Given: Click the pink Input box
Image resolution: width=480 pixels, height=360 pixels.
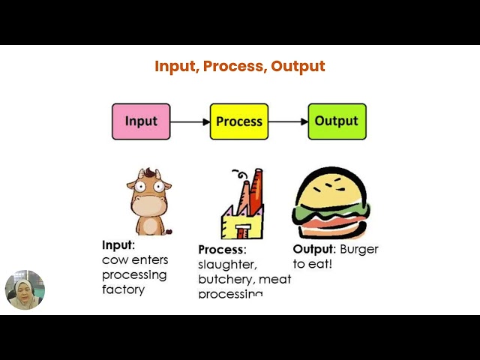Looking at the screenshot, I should pyautogui.click(x=141, y=121).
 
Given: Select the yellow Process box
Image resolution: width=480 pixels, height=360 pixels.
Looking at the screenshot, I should pyautogui.click(x=239, y=121).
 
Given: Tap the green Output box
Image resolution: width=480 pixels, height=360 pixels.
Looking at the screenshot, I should pyautogui.click(x=337, y=121).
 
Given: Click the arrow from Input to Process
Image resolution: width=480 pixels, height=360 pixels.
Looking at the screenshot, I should pyautogui.click(x=190, y=121).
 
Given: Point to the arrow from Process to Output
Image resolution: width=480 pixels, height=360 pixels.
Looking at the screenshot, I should pyautogui.click(x=288, y=121).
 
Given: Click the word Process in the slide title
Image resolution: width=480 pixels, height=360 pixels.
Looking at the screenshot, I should pyautogui.click(x=235, y=66).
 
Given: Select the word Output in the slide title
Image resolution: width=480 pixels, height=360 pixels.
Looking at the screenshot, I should pyautogui.click(x=298, y=66).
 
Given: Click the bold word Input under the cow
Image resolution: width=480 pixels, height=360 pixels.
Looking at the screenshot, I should pyautogui.click(x=117, y=244).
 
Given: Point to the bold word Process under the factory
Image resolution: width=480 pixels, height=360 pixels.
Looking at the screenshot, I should pyautogui.click(x=220, y=250).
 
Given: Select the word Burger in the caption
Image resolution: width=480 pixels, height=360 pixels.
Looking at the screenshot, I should pyautogui.click(x=359, y=249).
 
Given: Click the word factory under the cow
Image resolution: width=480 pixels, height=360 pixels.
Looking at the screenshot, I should pyautogui.click(x=123, y=289).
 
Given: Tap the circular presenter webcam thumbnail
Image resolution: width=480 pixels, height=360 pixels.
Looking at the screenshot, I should pyautogui.click(x=25, y=290).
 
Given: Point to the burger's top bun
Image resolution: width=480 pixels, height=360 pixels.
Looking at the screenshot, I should pyautogui.click(x=331, y=186).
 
